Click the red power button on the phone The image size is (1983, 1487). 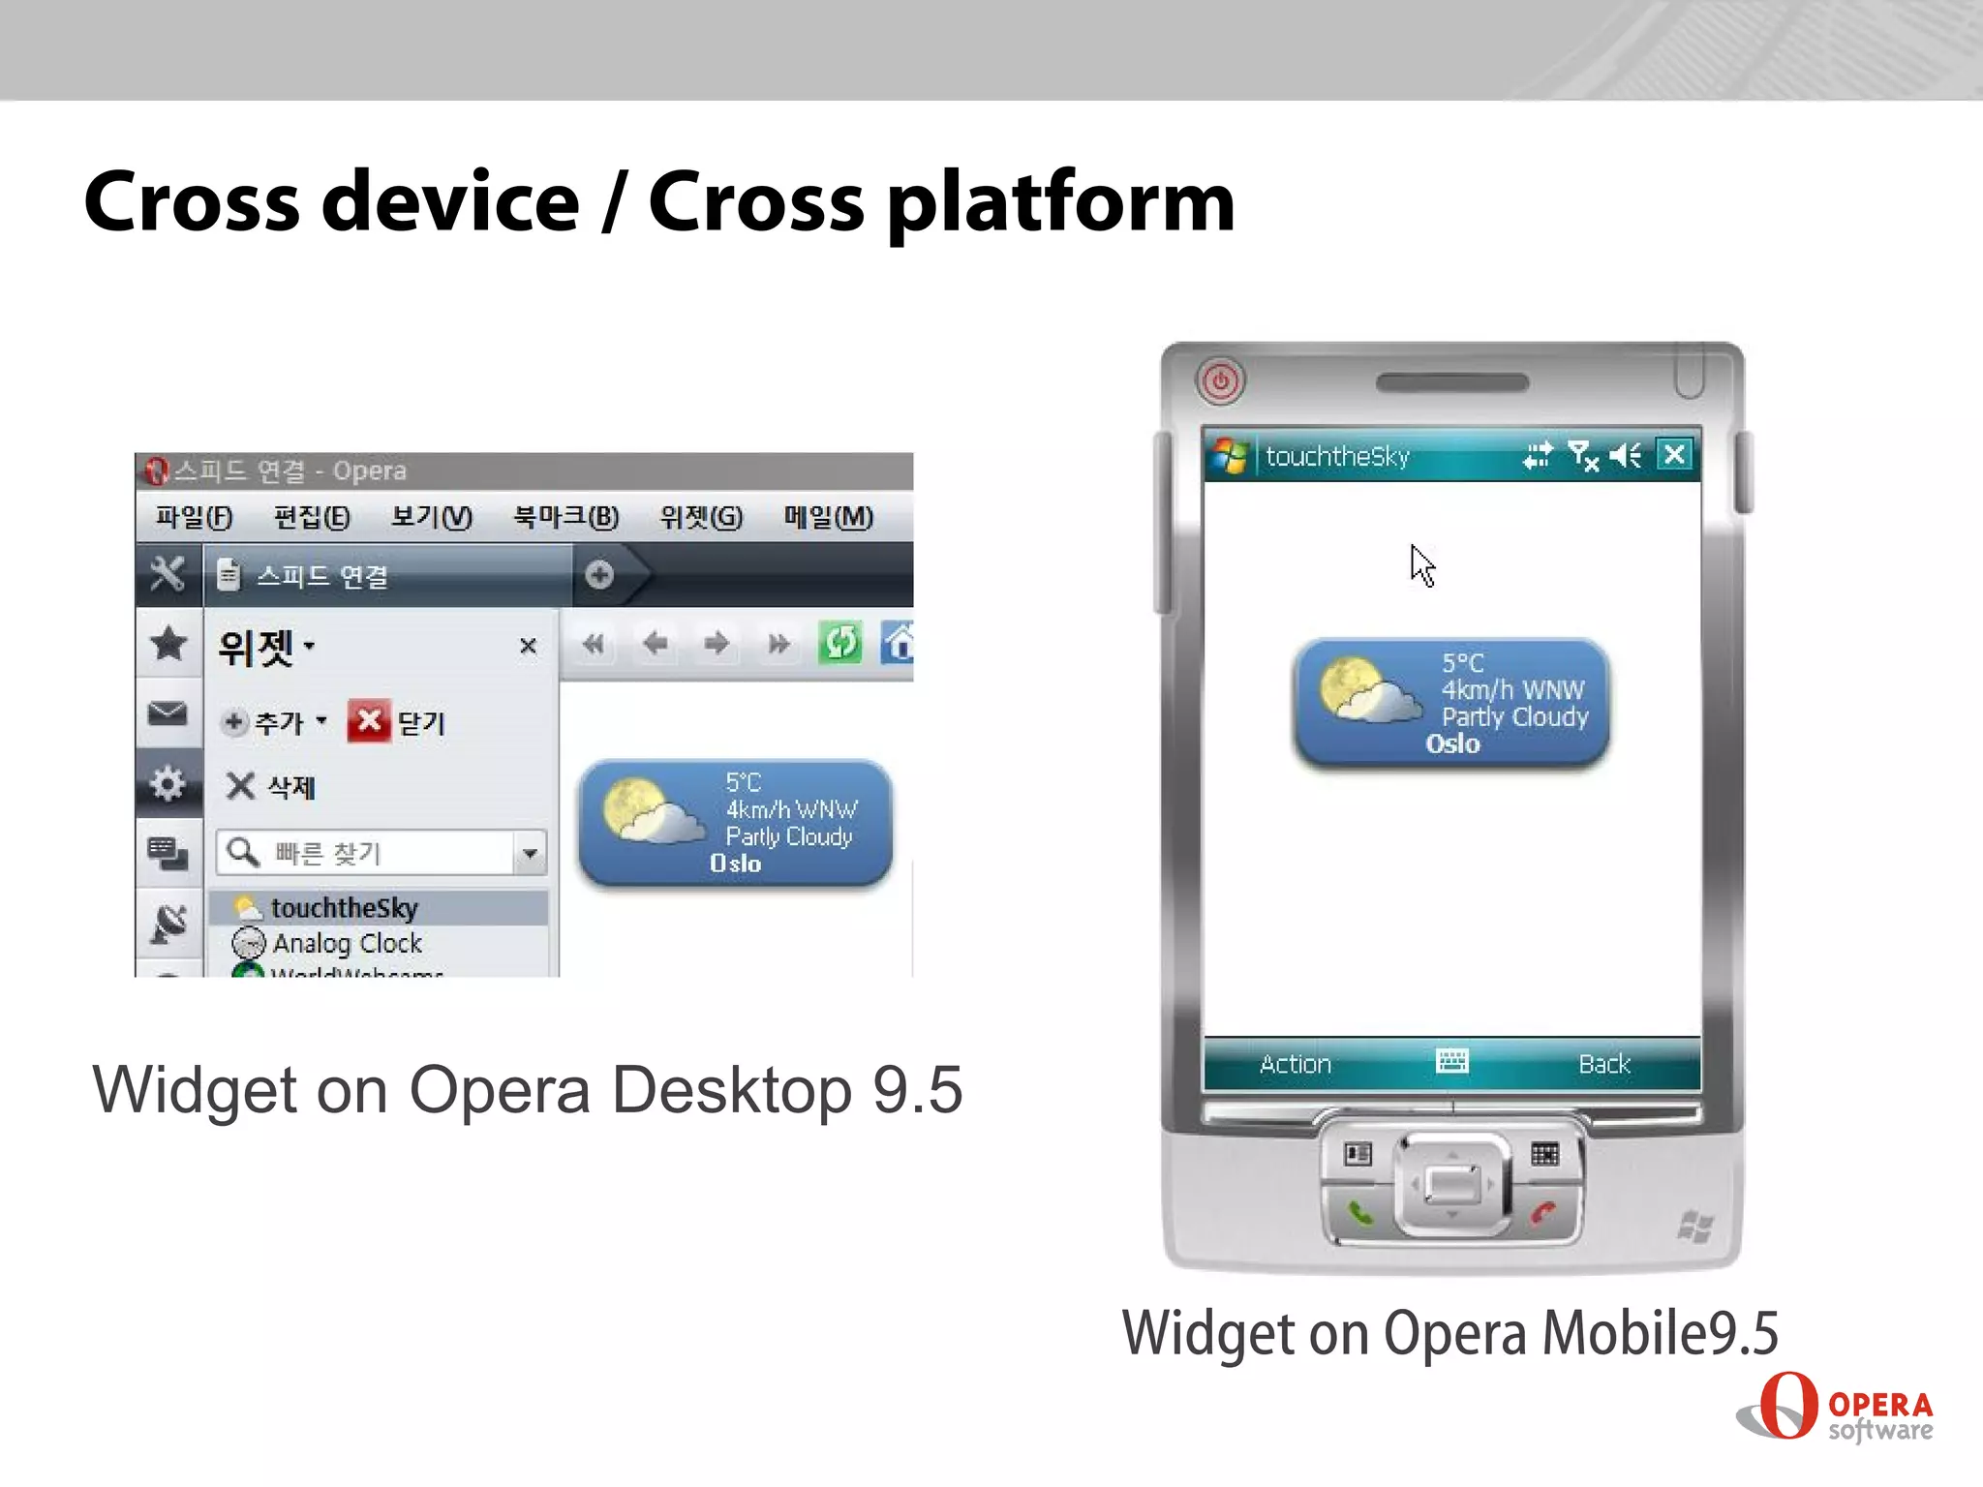1220,380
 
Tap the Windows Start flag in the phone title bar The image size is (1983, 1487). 1230,455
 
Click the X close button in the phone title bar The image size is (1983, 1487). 1674,454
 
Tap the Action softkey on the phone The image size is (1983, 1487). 1296,1064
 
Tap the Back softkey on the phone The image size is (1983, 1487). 1604,1064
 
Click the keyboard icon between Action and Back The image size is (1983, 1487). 1451,1061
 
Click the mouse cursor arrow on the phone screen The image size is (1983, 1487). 1421,564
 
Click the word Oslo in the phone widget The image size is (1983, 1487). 1452,743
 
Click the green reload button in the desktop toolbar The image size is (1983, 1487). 839,643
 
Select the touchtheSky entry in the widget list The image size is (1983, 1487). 344,908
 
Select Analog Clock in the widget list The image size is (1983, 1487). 347,943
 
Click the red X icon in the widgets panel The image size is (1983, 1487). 368,720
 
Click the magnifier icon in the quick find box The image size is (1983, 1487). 242,852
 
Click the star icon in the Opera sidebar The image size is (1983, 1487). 168,643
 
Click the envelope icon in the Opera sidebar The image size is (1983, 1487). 168,713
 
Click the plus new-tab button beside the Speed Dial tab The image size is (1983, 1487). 599,575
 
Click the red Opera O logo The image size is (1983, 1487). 1787,1405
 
